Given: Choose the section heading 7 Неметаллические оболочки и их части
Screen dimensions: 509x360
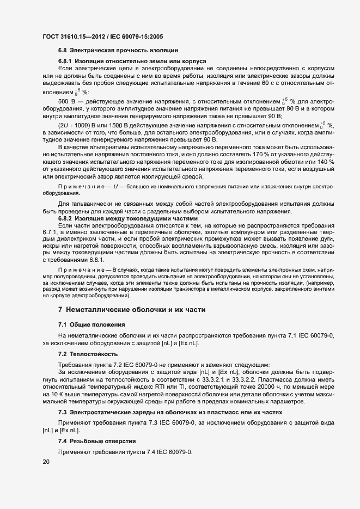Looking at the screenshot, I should tap(131, 310).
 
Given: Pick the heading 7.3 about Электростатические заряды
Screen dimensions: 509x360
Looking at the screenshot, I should tap(163, 413).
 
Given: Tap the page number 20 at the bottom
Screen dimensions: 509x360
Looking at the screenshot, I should tap(46, 462).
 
